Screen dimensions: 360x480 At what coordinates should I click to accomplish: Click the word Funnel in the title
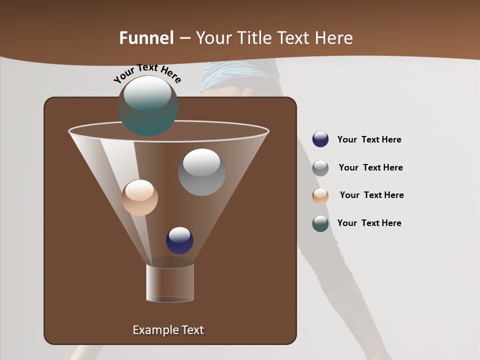click(146, 37)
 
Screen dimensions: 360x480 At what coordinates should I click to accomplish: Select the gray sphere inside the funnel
click(201, 172)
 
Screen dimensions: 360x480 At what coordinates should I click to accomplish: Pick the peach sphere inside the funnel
click(139, 197)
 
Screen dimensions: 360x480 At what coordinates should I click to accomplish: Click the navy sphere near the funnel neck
click(179, 240)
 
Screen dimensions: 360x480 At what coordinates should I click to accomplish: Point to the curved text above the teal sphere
click(147, 73)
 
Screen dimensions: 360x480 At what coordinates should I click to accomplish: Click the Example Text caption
click(168, 330)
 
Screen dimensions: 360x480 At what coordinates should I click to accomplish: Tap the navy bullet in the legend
click(320, 139)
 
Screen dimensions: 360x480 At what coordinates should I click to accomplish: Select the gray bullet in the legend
click(320, 168)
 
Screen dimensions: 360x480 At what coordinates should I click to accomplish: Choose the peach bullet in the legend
click(320, 196)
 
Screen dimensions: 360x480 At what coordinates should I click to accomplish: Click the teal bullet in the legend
click(320, 223)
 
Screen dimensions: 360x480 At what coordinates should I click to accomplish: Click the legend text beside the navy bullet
click(369, 139)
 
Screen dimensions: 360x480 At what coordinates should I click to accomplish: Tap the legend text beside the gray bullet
click(370, 167)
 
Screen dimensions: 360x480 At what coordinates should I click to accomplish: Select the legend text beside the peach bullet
click(371, 195)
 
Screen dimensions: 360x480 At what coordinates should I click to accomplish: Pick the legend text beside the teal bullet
click(369, 223)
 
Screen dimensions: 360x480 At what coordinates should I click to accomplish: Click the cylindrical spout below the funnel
click(170, 283)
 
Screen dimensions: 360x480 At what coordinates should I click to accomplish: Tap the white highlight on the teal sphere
click(147, 93)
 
